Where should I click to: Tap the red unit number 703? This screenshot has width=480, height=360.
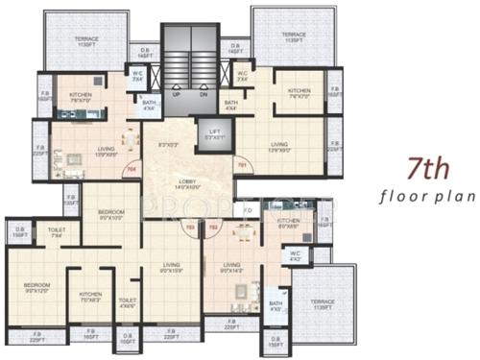point(190,228)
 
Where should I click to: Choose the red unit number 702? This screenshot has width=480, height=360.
point(212,228)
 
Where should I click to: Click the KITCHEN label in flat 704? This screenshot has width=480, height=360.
point(80,94)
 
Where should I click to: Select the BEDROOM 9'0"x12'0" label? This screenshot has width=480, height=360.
point(36,287)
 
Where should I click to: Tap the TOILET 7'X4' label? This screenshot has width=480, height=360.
point(57,232)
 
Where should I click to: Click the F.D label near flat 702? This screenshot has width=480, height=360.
point(248,210)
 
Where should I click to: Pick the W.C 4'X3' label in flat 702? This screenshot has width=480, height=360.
point(295,256)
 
